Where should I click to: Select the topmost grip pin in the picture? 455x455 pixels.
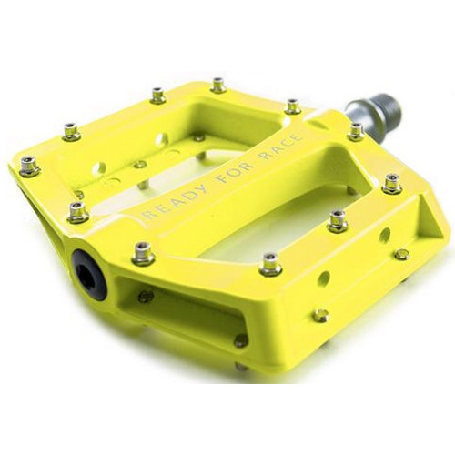point(218,85)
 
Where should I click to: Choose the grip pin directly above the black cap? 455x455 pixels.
point(78,211)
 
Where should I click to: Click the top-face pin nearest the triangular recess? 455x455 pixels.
point(392,183)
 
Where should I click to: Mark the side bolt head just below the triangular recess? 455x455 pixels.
point(401,254)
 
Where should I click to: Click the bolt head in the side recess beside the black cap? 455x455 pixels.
point(145,296)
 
